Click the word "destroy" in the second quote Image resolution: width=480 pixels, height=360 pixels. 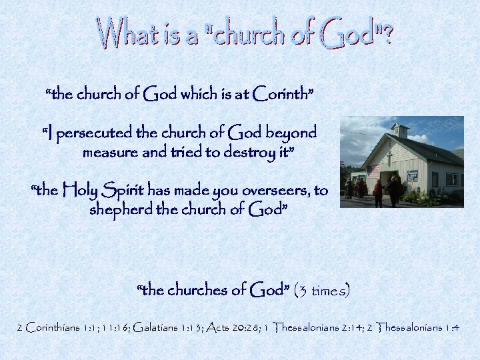249,152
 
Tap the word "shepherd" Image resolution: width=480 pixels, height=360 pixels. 120,210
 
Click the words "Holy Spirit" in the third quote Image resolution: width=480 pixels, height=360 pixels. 103,191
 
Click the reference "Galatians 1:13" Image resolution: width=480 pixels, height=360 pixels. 169,327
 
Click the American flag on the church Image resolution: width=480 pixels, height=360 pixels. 373,172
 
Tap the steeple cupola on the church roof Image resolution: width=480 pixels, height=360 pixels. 400,131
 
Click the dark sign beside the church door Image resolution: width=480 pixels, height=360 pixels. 412,176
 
